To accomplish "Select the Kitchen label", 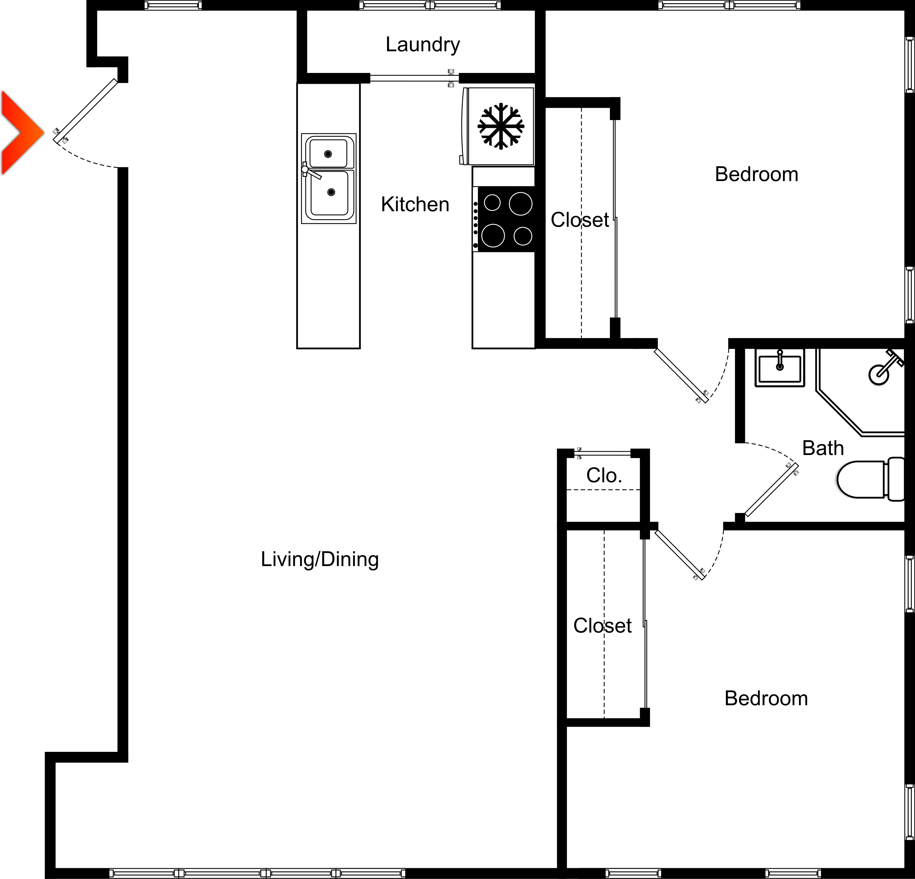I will click(415, 205).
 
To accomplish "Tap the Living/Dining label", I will click(320, 559).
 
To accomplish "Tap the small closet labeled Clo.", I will click(604, 476).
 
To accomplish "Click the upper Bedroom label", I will click(756, 174).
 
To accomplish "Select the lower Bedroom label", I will click(766, 698).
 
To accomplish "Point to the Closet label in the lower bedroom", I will click(602, 625).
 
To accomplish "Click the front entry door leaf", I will click(86, 111).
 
